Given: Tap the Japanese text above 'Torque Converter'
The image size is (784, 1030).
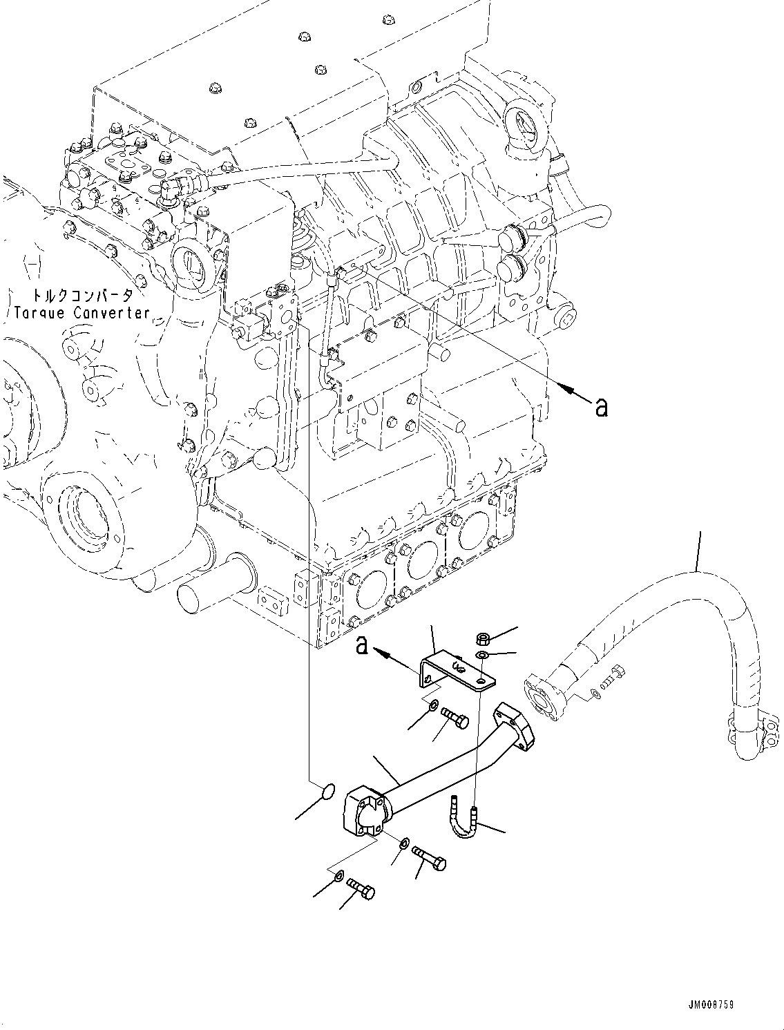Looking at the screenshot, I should coord(75,296).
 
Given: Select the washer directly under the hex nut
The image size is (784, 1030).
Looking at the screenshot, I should coord(482,655).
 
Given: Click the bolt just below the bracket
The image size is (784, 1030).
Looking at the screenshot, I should coord(456,718).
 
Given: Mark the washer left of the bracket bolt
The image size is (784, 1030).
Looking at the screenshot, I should coord(433,705).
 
